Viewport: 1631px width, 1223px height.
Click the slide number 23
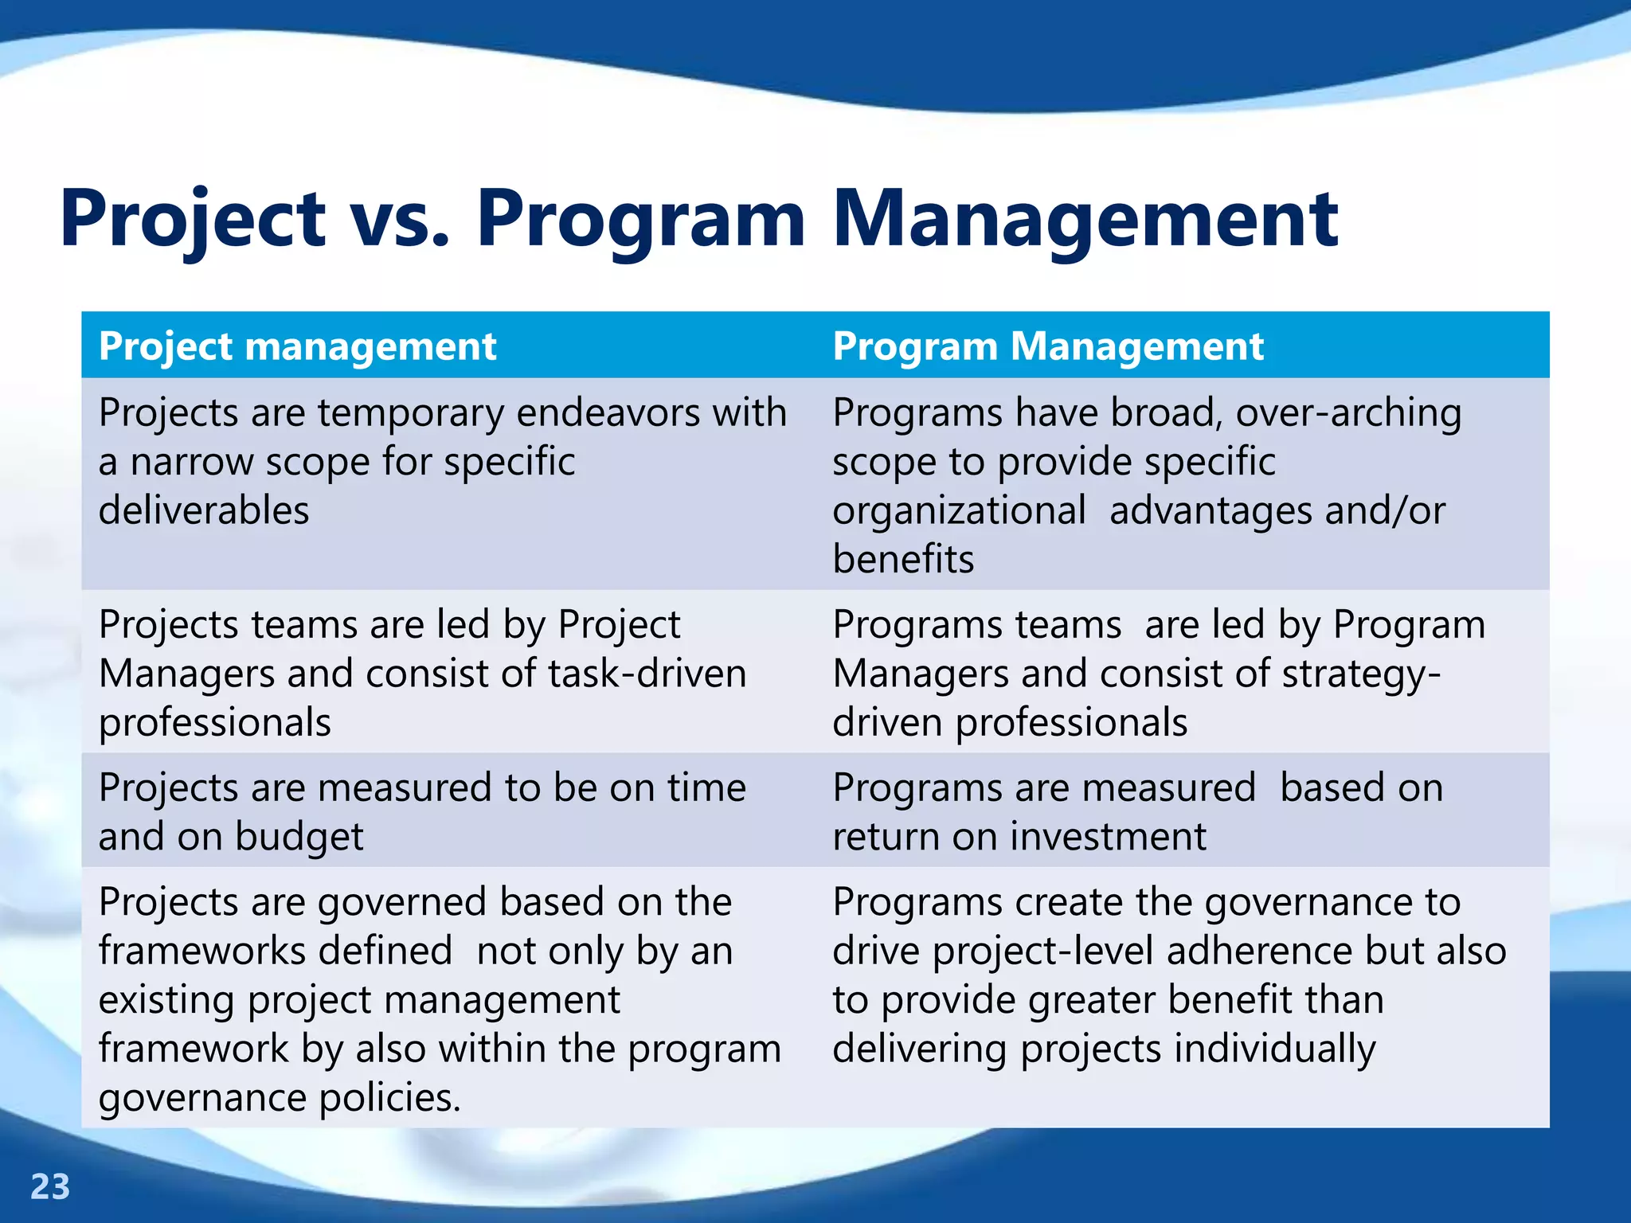pyautogui.click(x=50, y=1187)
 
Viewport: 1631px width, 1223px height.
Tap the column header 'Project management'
pyautogui.click(x=297, y=346)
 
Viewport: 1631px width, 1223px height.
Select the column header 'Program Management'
pyautogui.click(x=1048, y=346)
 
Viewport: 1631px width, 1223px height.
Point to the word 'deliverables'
pyautogui.click(x=204, y=510)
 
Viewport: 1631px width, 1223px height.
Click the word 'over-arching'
pyautogui.click(x=1348, y=414)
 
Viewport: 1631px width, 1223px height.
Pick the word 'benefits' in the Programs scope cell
pyautogui.click(x=903, y=559)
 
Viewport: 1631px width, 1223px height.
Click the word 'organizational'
pyautogui.click(x=959, y=511)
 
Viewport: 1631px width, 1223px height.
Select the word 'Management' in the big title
pyautogui.click(x=1085, y=219)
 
